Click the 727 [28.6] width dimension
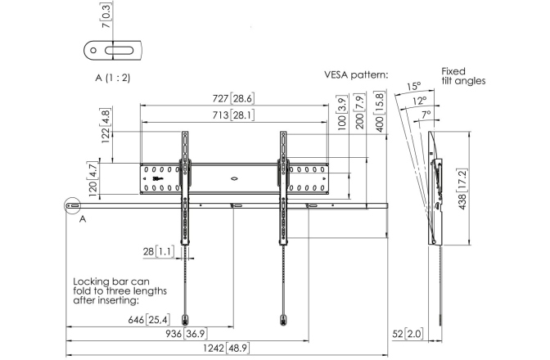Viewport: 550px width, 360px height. (x=233, y=99)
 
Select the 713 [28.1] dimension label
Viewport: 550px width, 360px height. (x=233, y=115)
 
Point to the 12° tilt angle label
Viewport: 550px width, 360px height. (x=420, y=101)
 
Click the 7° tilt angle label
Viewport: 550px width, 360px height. (x=426, y=115)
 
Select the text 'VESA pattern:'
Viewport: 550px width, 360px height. (x=355, y=74)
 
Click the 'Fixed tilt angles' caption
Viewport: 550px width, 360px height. (x=462, y=76)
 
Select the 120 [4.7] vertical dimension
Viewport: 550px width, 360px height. (x=92, y=178)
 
